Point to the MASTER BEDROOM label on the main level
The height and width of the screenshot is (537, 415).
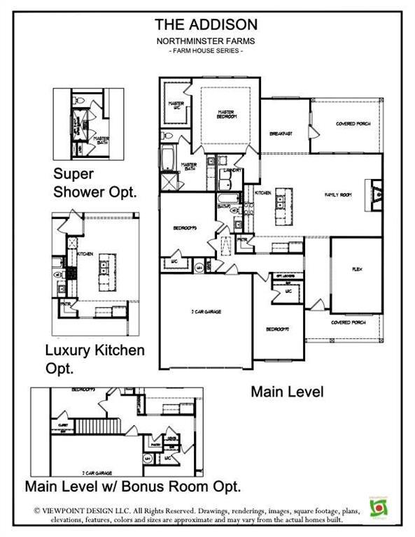[x=225, y=113]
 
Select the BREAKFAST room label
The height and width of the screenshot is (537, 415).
[x=281, y=133]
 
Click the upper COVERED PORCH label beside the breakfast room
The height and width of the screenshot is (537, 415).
[x=353, y=124]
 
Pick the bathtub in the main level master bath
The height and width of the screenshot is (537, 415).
[x=170, y=159]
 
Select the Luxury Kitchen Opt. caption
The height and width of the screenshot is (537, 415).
[x=94, y=357]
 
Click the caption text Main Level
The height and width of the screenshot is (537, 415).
[x=287, y=392]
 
